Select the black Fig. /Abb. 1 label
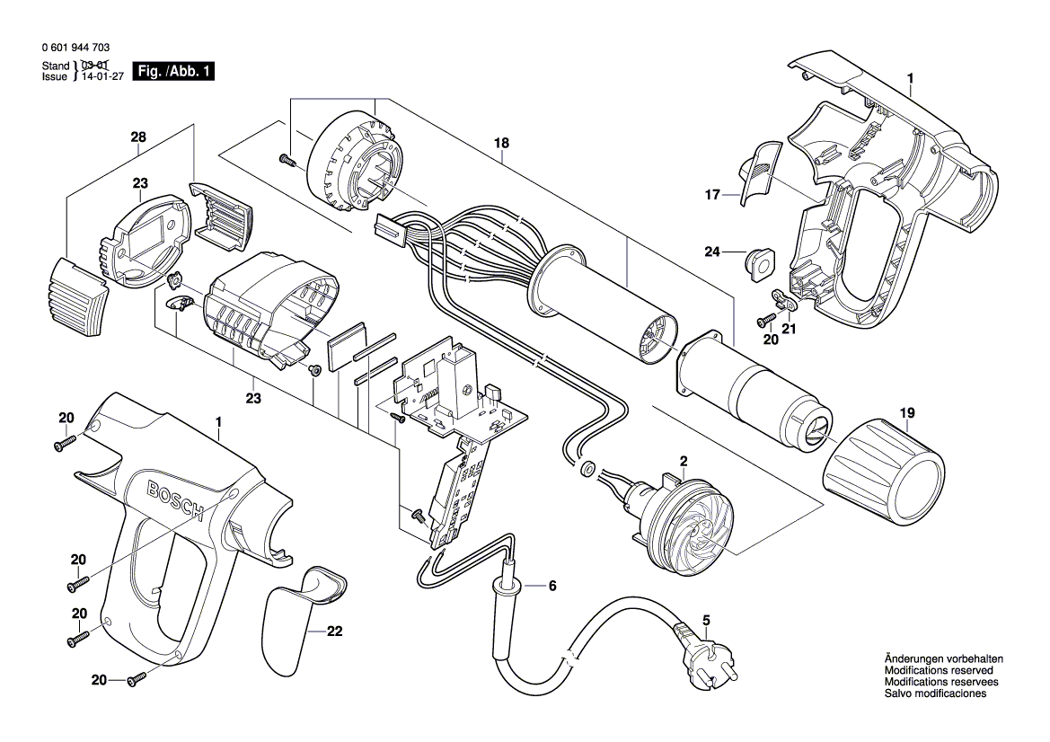point(173,72)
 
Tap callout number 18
point(501,143)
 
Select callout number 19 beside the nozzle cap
point(907,414)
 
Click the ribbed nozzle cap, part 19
point(886,471)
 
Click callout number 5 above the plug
point(706,619)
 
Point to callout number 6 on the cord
point(551,586)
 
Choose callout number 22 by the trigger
point(334,632)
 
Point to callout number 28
point(137,137)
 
